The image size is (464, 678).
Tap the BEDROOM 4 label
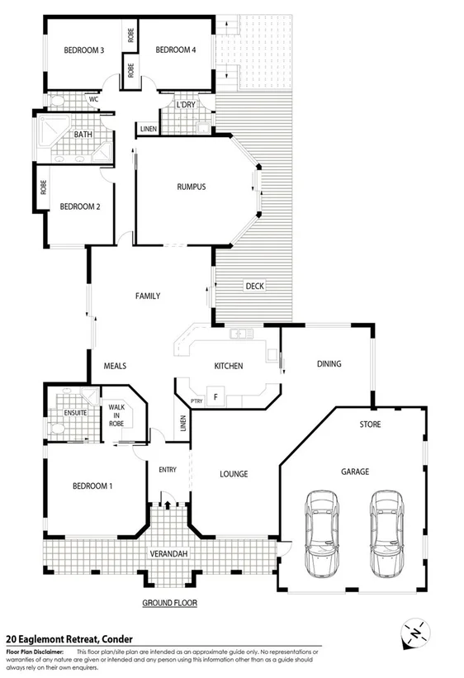coord(175,50)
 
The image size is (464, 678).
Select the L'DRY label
coord(185,105)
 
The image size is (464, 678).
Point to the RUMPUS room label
coord(191,187)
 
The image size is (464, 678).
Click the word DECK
coord(254,287)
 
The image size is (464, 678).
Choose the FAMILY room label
coord(148,296)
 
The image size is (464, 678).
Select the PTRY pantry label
coord(196,401)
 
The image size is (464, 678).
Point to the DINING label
coord(328,363)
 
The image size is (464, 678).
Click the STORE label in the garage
coord(369,425)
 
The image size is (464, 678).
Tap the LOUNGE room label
coord(234,474)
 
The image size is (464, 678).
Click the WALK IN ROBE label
coord(116,415)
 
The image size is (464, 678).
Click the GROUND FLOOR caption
coord(169,604)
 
